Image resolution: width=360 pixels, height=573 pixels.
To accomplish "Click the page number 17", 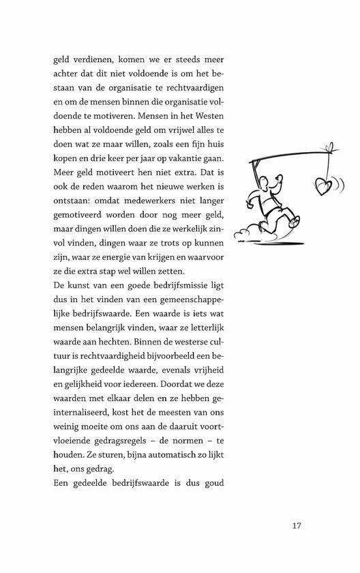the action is pos(296,525).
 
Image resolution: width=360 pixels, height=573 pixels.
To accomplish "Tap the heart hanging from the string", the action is pos(320,185).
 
